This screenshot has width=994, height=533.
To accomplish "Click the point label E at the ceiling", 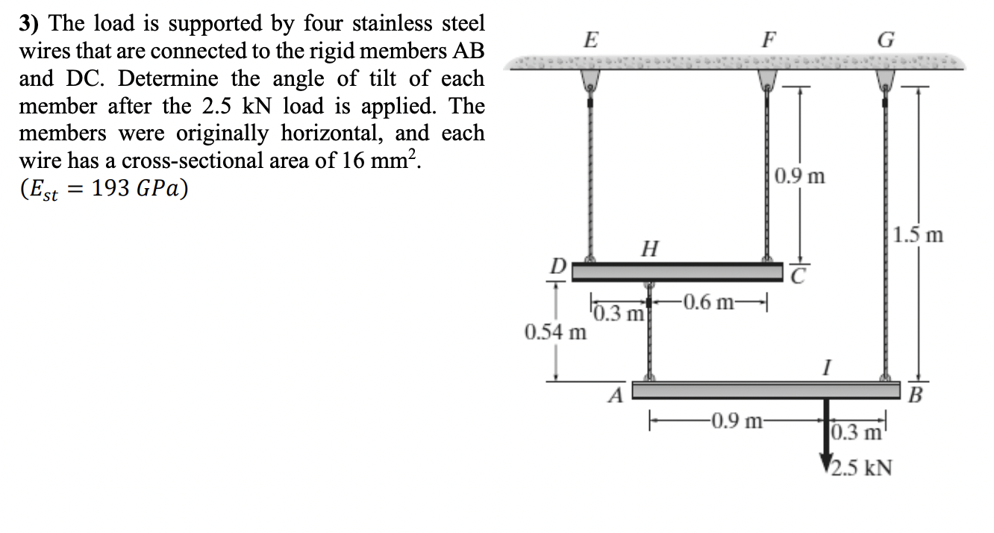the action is (x=590, y=40).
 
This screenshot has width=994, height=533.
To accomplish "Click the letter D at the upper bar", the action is (x=557, y=266).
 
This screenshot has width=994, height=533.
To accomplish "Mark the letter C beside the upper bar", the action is (x=798, y=277).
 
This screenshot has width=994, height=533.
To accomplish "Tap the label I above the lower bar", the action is (x=825, y=367).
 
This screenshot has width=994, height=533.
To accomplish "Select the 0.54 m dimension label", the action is (x=555, y=331).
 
